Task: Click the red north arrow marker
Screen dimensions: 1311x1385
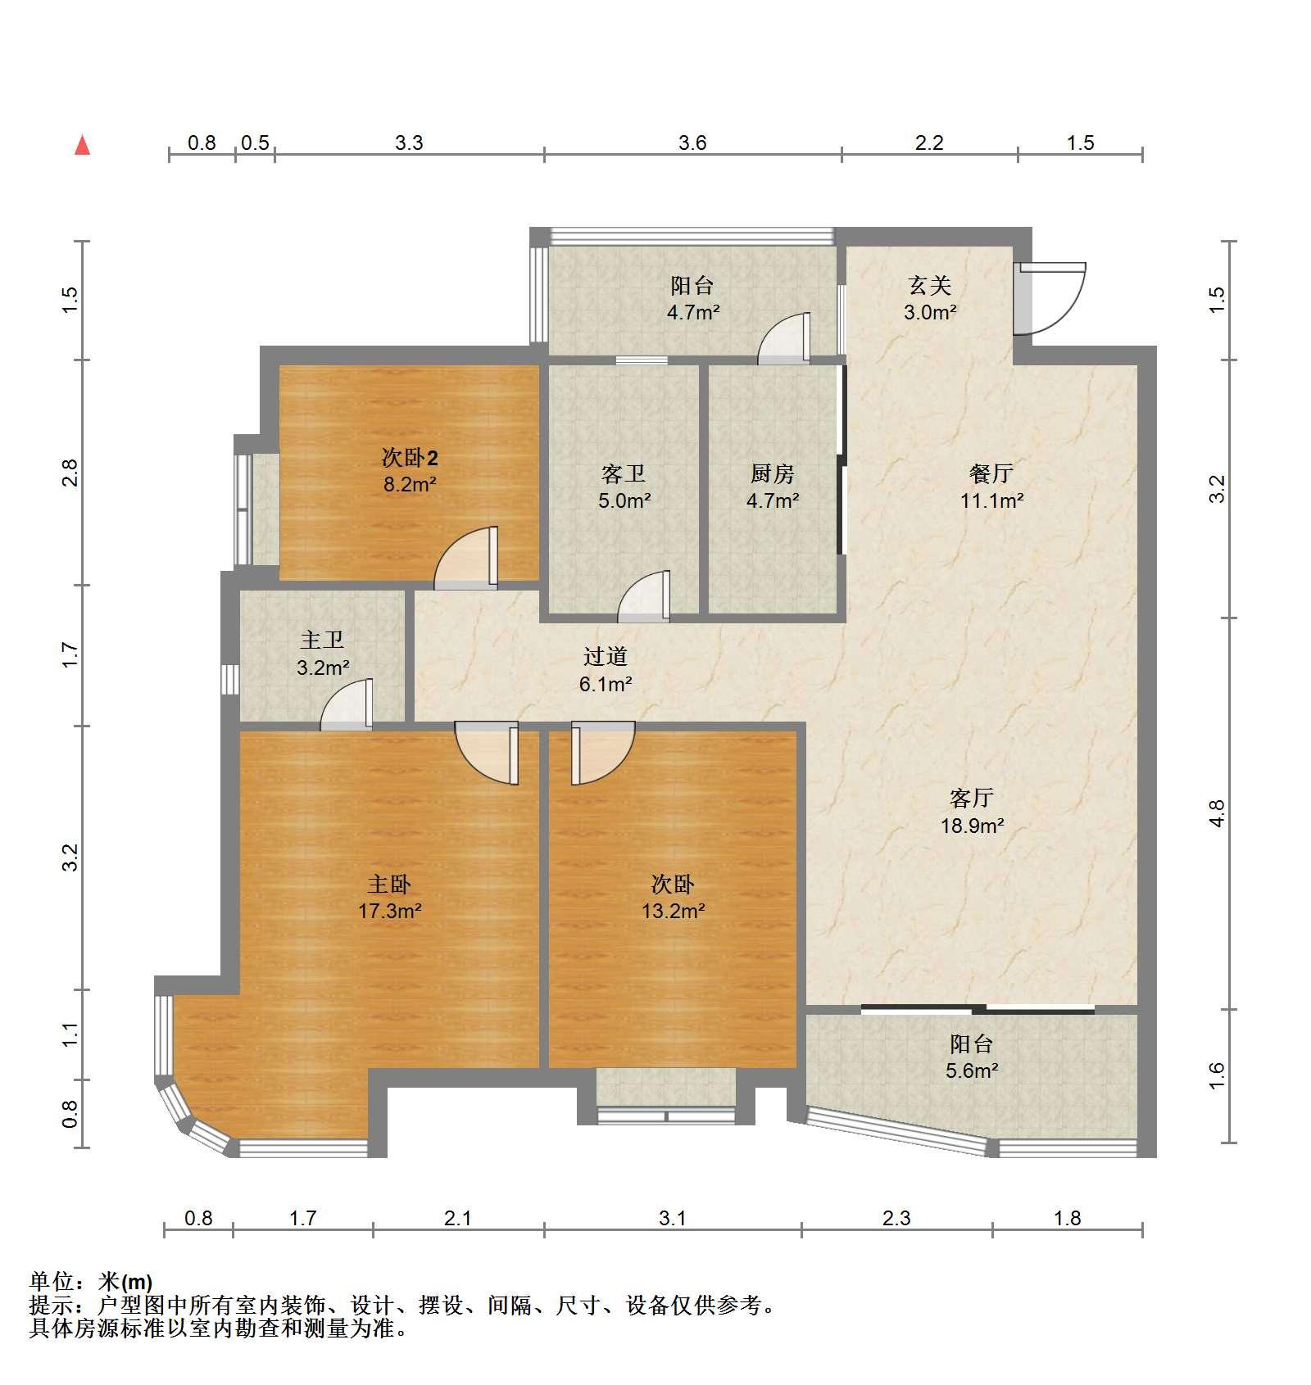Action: pyautogui.click(x=82, y=146)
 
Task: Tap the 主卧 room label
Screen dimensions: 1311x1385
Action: pyautogui.click(x=389, y=884)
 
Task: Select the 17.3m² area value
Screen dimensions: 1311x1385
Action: pyautogui.click(x=389, y=910)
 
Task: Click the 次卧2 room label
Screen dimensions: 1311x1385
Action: pyautogui.click(x=410, y=457)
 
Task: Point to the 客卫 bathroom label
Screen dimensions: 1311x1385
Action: pyautogui.click(x=624, y=473)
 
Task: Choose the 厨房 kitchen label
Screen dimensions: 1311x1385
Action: pyautogui.click(x=772, y=473)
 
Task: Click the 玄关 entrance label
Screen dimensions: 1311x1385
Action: pyautogui.click(x=930, y=285)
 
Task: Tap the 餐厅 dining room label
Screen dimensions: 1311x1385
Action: pyautogui.click(x=991, y=473)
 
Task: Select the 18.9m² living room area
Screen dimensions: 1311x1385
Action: pyautogui.click(x=972, y=826)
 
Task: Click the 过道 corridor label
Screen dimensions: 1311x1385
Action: pyautogui.click(x=606, y=656)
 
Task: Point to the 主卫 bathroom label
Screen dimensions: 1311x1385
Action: pyautogui.click(x=322, y=640)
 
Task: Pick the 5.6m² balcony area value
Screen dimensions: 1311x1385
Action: pyautogui.click(x=972, y=1070)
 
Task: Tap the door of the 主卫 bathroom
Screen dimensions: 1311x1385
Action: pyautogui.click(x=347, y=704)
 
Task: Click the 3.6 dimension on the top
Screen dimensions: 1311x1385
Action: pyautogui.click(x=692, y=143)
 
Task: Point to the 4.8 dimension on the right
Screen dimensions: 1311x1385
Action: pyautogui.click(x=1217, y=813)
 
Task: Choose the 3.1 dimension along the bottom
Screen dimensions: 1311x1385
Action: pyautogui.click(x=673, y=1218)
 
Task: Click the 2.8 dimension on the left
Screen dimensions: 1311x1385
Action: pyautogui.click(x=71, y=473)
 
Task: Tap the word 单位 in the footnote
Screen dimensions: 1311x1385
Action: pyautogui.click(x=51, y=1282)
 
